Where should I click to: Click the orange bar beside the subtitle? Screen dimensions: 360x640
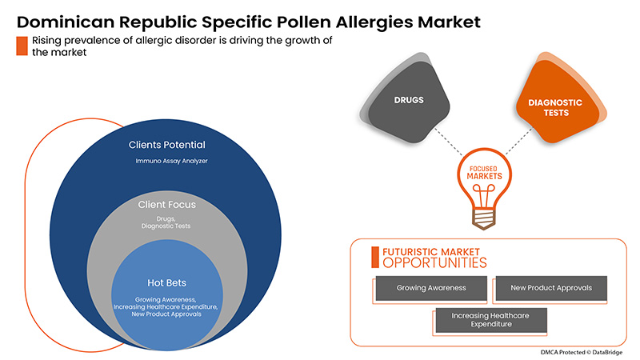pyautogui.click(x=22, y=46)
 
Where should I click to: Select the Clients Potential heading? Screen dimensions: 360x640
pyautogui.click(x=167, y=146)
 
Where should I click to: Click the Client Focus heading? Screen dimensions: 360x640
pyautogui.click(x=167, y=205)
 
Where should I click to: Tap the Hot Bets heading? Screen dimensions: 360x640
pyautogui.click(x=167, y=282)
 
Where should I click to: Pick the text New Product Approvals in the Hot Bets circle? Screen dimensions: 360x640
pyautogui.click(x=167, y=314)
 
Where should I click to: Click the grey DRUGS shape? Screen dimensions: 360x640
pyautogui.click(x=409, y=102)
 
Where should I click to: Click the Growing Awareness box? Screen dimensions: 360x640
pyautogui.click(x=430, y=287)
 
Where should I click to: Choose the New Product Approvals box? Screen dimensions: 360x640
pyautogui.click(x=550, y=287)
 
